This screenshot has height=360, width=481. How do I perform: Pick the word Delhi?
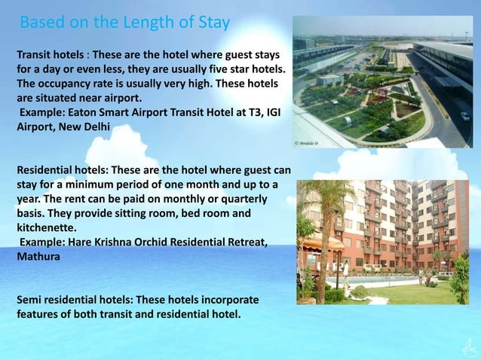coord(95,126)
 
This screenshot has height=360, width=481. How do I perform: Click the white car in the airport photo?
coord(465,116)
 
